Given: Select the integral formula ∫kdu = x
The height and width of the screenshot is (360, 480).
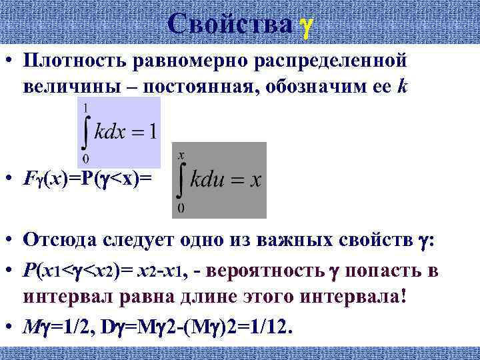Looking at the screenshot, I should [219, 180].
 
